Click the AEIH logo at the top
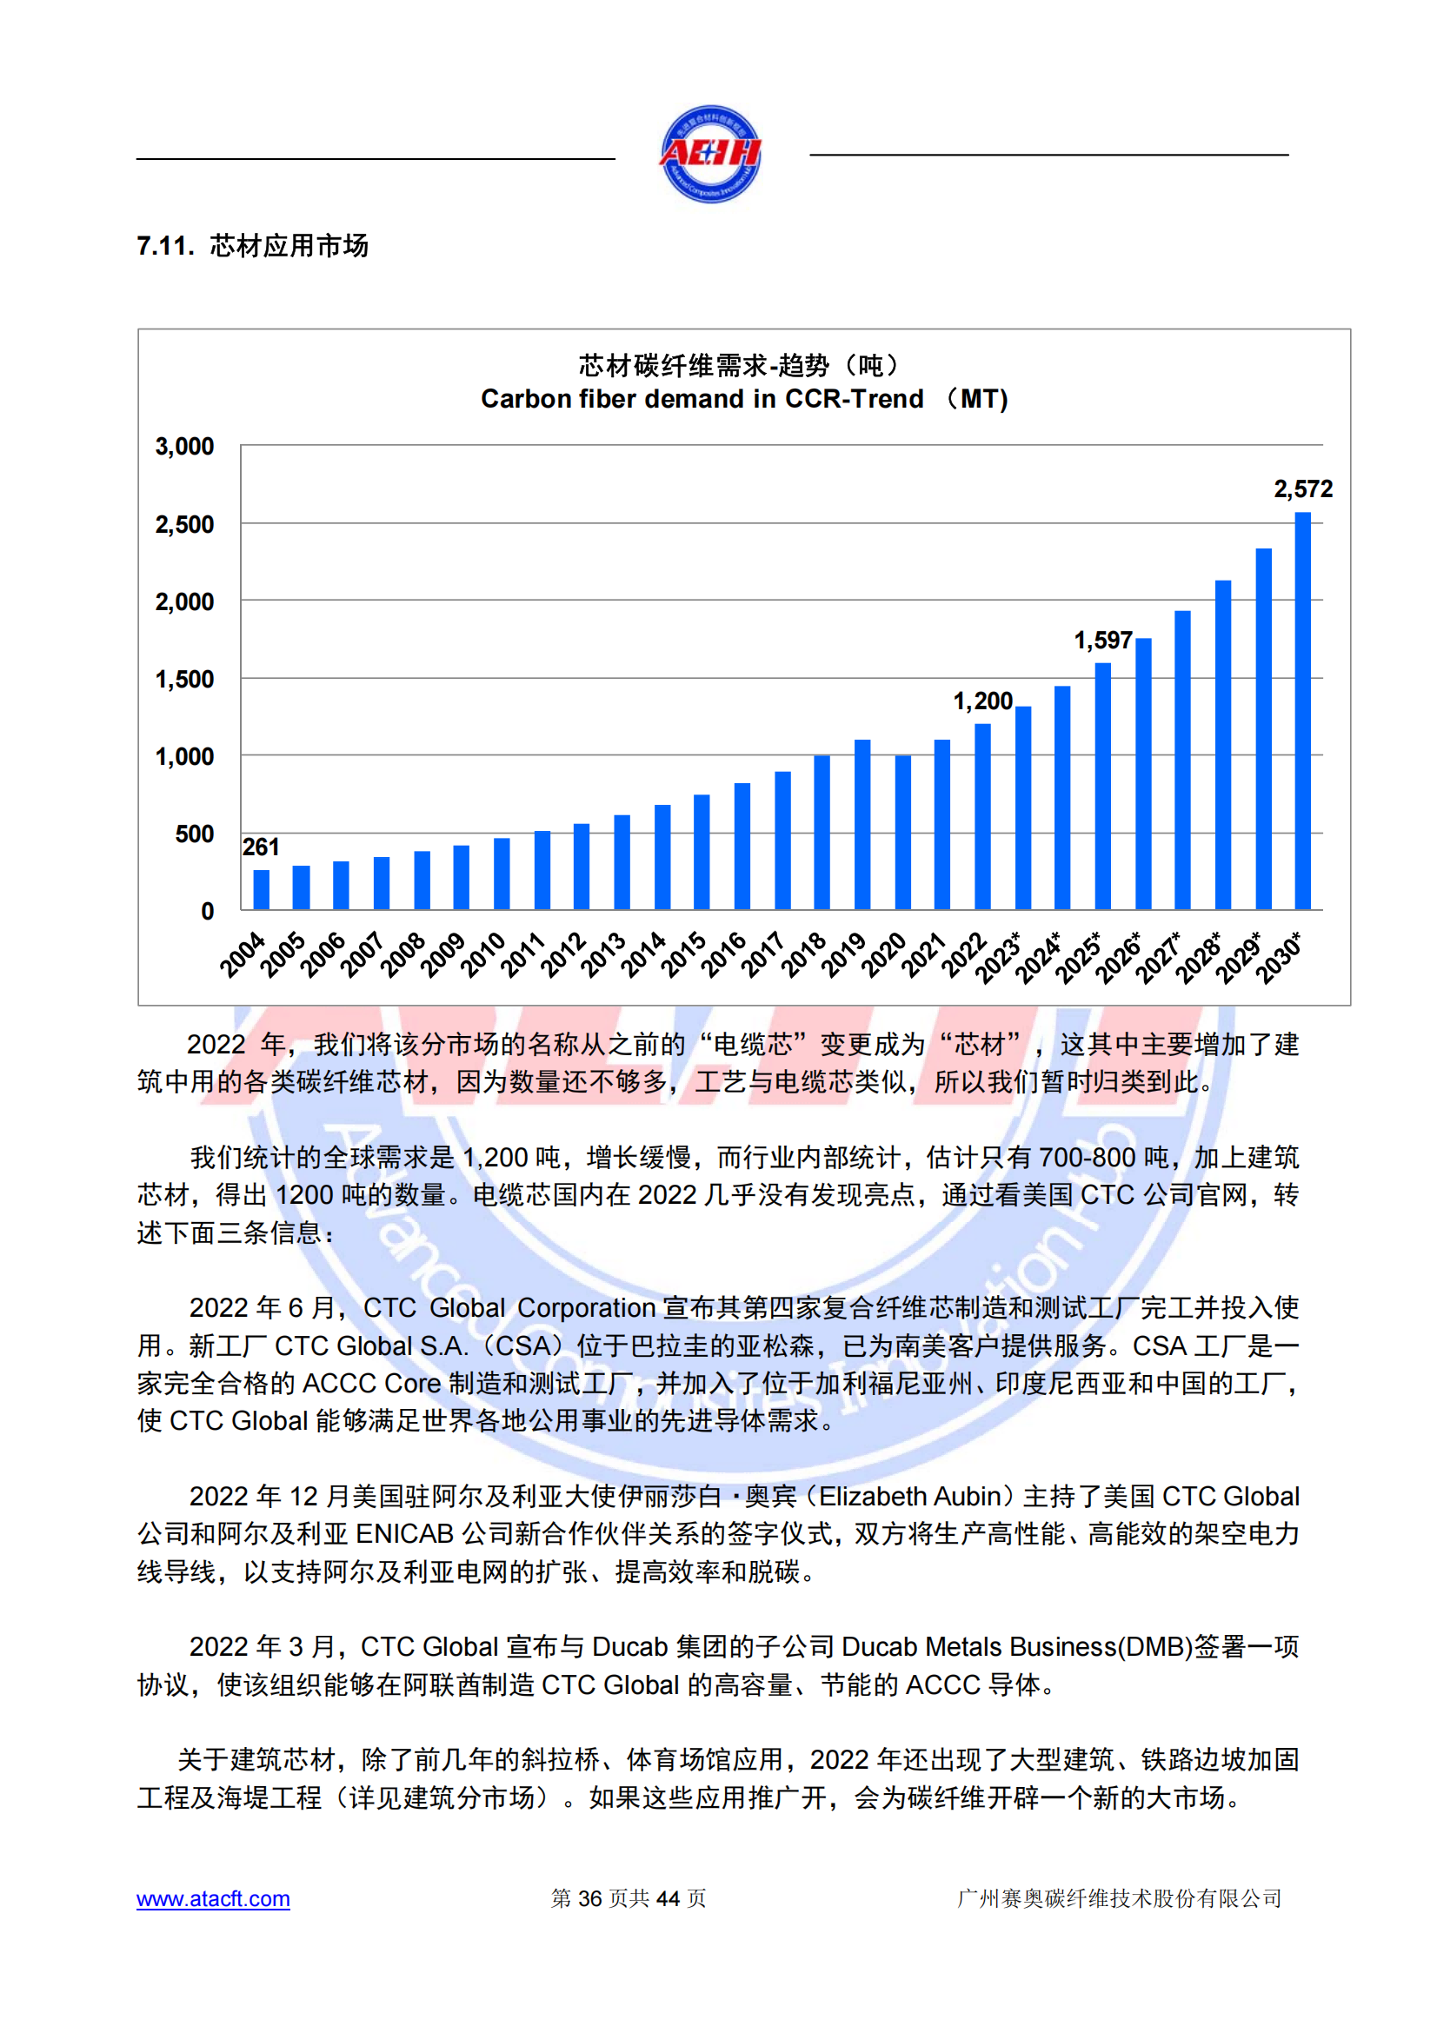tap(710, 154)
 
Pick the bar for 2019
tap(862, 824)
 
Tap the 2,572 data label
tap(1302, 488)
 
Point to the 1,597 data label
tap(1102, 641)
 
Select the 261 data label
tap(260, 847)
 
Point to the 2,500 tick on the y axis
tap(184, 524)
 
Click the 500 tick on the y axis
tap(194, 834)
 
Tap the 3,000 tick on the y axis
tap(184, 446)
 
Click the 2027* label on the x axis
tap(1159, 957)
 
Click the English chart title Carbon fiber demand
tap(702, 399)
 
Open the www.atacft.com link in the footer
tap(212, 1898)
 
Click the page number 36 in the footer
tap(589, 1898)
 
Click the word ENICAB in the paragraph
tap(403, 1533)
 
